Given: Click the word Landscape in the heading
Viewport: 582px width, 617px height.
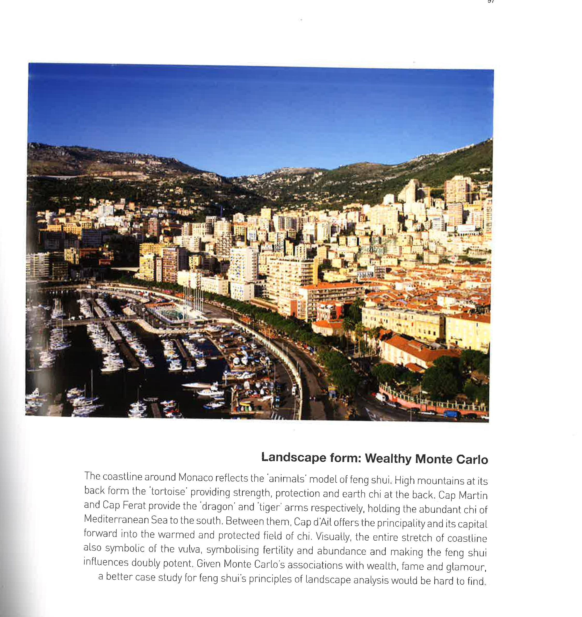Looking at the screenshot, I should (x=293, y=457).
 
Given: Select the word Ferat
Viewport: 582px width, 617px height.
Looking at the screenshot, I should (x=134, y=505).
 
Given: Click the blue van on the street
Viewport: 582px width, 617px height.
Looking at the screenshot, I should (x=452, y=414).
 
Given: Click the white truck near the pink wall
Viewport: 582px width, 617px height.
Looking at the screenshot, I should (x=380, y=397).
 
